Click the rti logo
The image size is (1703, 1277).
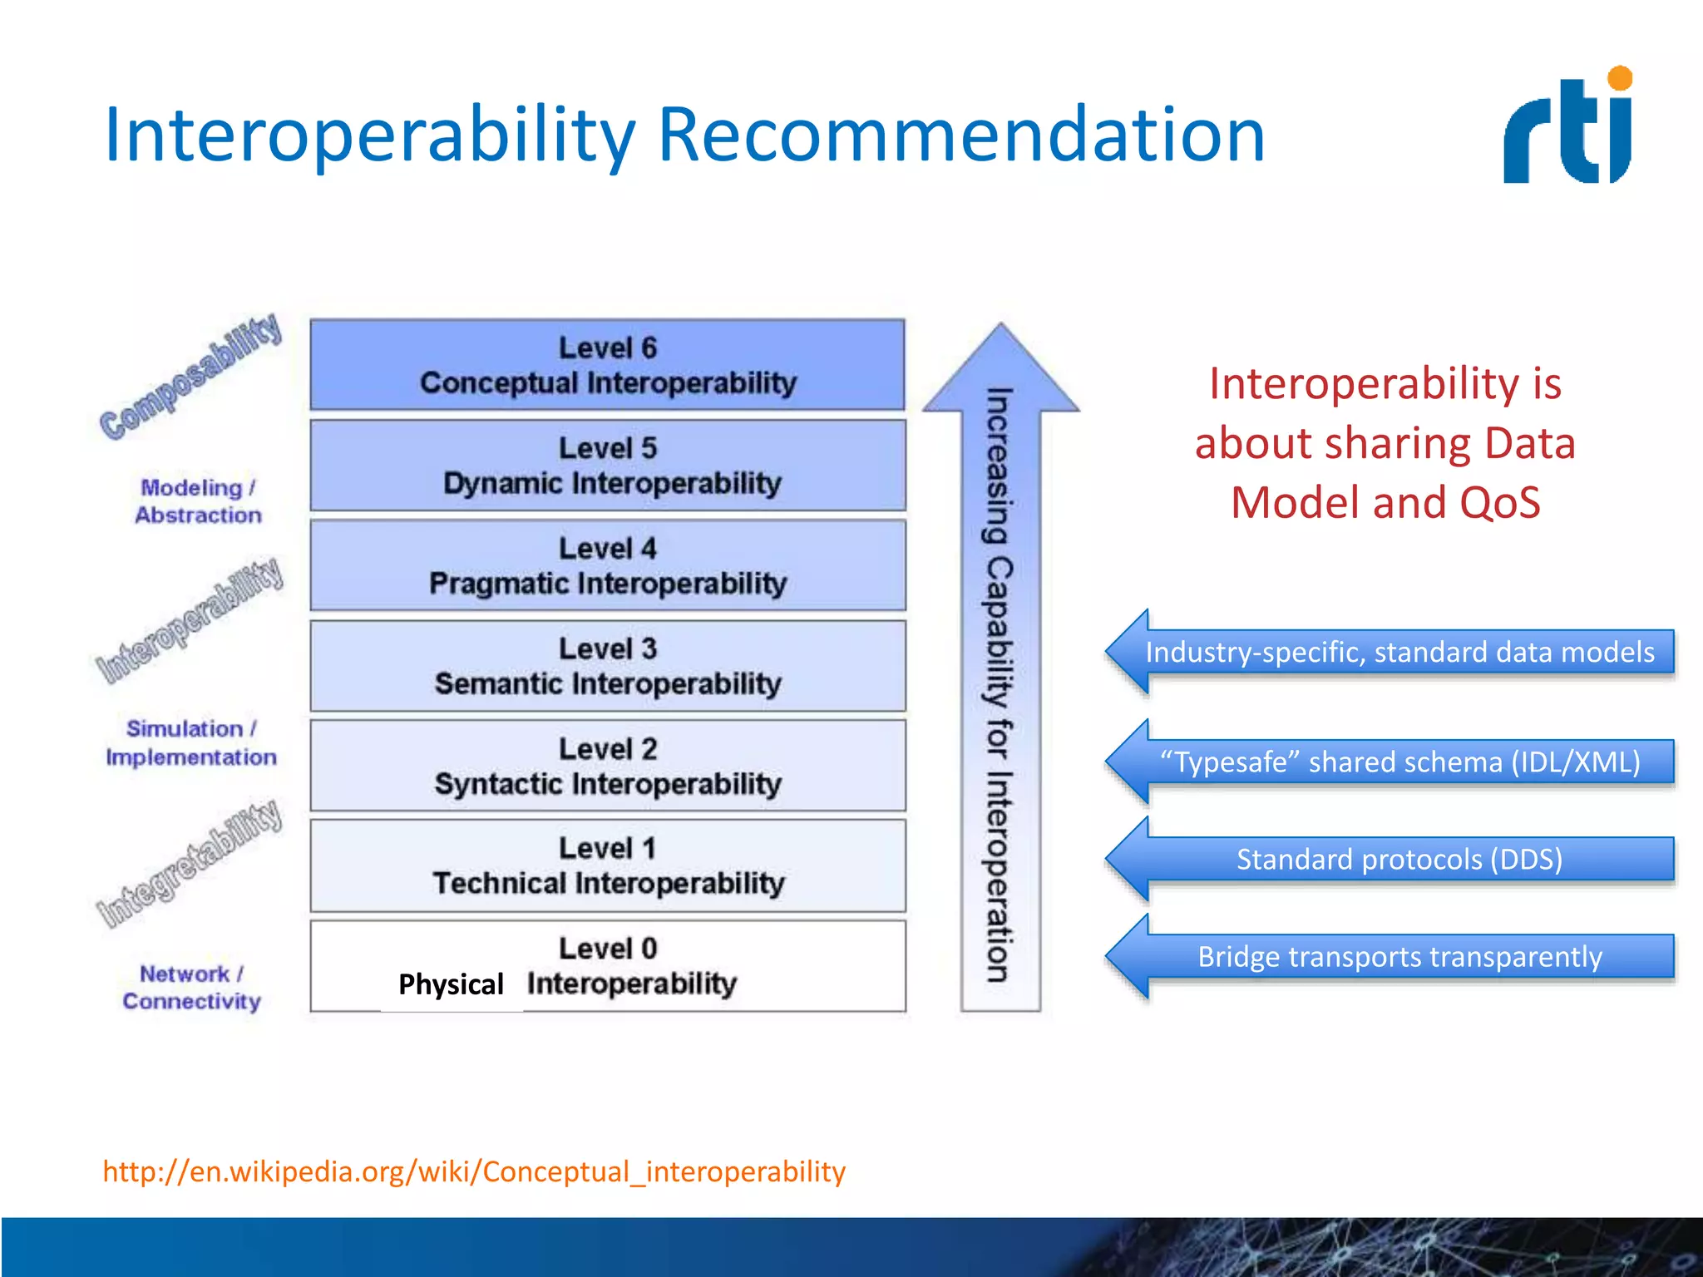(1567, 129)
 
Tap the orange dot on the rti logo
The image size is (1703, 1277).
(1620, 79)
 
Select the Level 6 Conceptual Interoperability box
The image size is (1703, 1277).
(608, 364)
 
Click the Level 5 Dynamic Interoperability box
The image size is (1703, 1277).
(608, 465)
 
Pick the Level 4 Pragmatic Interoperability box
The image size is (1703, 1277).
(608, 565)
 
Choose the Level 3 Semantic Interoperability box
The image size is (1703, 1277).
(608, 665)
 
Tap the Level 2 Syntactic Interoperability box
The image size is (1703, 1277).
(608, 766)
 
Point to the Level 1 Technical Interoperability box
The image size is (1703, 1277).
(608, 865)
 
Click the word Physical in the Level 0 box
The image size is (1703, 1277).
(451, 984)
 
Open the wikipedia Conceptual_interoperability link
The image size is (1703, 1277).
(474, 1171)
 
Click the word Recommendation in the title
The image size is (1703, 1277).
(961, 135)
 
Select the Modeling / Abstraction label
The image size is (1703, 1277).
(198, 501)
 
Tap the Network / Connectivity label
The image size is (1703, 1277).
(192, 988)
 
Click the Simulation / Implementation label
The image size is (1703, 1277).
(191, 742)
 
